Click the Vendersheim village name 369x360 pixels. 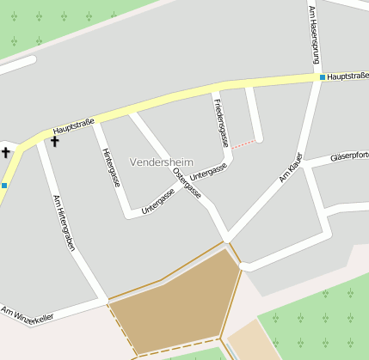pyautogui.click(x=162, y=162)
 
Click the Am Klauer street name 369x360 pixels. pyautogui.click(x=291, y=168)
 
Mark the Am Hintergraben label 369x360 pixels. pyautogui.click(x=63, y=223)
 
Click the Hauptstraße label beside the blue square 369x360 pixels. pyautogui.click(x=347, y=76)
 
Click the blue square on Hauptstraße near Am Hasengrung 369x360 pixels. pyautogui.click(x=323, y=77)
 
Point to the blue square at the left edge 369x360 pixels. pyautogui.click(x=4, y=185)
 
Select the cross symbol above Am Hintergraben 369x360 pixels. pyautogui.click(x=55, y=141)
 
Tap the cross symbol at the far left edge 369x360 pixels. pyautogui.click(x=5, y=152)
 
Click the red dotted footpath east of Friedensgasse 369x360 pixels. pyautogui.click(x=244, y=143)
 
